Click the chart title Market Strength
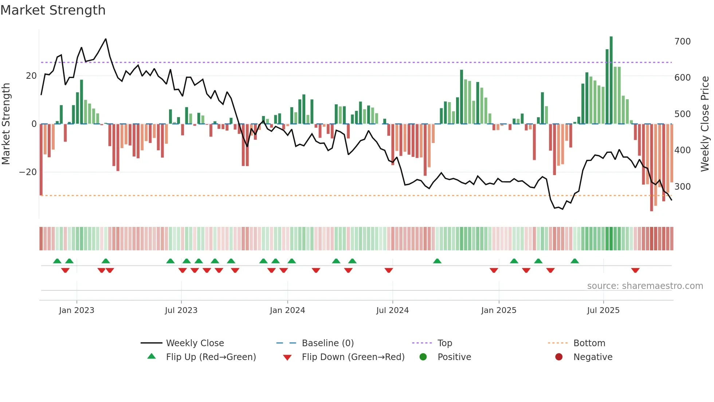click(53, 10)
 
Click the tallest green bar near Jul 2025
click(611, 80)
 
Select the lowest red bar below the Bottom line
click(651, 168)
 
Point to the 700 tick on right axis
click(682, 42)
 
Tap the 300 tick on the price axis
click(682, 187)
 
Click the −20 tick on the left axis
click(28, 172)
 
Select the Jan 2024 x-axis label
click(287, 310)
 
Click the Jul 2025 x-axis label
click(603, 310)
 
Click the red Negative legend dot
click(558, 357)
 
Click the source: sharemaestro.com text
click(645, 286)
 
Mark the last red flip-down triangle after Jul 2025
click(635, 270)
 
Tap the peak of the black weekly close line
click(106, 39)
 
